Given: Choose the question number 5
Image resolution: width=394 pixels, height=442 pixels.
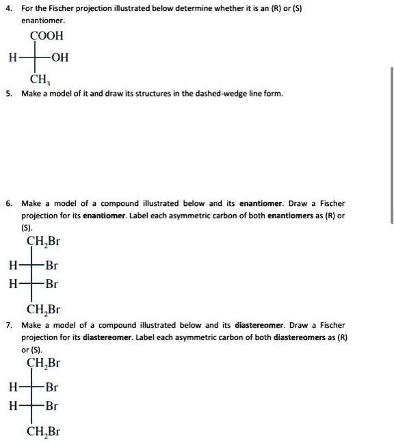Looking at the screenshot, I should tap(8, 93).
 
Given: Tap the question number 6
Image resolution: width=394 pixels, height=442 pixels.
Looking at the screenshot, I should tap(8, 203).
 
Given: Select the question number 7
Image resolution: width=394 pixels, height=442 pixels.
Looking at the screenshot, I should tap(8, 325).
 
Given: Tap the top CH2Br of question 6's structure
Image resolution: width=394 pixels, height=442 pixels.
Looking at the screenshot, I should tap(43, 241).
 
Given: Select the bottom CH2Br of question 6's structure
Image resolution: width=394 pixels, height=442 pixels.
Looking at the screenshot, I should tap(43, 310).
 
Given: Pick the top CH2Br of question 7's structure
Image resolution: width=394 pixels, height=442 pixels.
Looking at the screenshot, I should tap(43, 363).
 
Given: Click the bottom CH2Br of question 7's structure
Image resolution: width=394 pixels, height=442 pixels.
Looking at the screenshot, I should tap(43, 432).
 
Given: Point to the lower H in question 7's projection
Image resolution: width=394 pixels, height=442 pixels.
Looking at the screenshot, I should tap(12, 406).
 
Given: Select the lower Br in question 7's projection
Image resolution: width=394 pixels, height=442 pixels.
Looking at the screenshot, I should tap(51, 406).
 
